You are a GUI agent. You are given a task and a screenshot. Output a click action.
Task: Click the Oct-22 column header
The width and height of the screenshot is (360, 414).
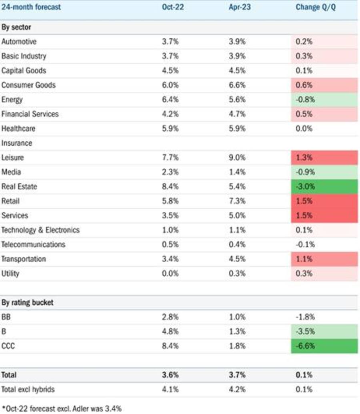point(173,7)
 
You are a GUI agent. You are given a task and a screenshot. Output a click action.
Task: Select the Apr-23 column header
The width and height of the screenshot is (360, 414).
point(240,7)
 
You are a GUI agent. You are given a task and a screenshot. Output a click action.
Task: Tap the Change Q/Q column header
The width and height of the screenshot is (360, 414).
point(316,7)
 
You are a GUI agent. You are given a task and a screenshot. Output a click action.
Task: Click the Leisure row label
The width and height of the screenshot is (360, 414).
point(13,158)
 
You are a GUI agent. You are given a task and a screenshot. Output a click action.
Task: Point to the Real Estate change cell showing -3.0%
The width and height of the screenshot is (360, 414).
point(324,187)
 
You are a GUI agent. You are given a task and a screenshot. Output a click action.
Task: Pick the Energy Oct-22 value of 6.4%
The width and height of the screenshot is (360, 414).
point(170,100)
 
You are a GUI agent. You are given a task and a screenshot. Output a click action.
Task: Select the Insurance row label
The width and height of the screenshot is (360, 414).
point(17,143)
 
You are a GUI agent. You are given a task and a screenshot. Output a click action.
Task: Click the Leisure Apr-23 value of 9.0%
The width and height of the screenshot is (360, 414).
point(237,158)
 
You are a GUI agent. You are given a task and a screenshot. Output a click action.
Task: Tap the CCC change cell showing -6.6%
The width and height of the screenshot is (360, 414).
point(324,346)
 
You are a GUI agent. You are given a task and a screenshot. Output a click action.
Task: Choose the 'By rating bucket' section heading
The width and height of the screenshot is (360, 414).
point(28,303)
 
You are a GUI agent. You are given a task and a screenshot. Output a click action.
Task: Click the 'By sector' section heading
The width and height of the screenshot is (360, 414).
point(16,27)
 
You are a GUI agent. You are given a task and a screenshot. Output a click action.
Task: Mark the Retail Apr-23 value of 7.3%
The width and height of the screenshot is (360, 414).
point(237,201)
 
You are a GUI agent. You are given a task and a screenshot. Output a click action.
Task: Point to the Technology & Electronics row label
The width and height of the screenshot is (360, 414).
point(40,230)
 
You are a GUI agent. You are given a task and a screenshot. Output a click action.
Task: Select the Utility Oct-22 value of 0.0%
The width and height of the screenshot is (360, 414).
point(170,273)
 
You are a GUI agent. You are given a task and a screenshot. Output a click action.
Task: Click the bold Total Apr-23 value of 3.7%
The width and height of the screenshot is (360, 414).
point(237,375)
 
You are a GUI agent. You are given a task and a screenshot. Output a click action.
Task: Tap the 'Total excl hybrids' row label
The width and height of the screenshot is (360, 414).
point(28,390)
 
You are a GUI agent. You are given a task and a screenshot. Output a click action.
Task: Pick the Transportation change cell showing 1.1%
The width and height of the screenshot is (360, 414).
point(324,259)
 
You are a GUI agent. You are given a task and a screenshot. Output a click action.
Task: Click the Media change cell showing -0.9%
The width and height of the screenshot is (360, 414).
point(324,172)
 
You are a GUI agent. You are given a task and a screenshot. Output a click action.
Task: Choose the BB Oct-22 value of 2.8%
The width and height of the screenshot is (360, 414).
point(170,317)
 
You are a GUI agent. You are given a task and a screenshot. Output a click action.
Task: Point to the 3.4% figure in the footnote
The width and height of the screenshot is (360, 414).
point(113,409)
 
